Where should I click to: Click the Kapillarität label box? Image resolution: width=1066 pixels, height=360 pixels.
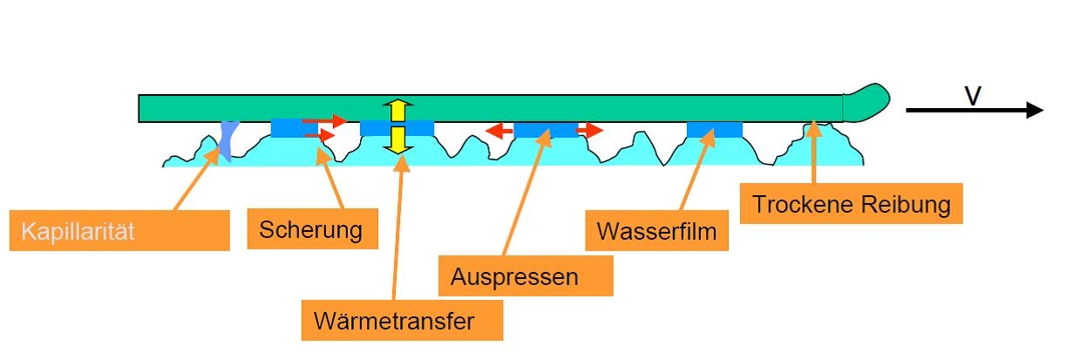point(119,231)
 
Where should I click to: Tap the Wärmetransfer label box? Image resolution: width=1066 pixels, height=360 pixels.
point(403,321)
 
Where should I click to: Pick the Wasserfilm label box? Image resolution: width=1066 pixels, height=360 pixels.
point(657,231)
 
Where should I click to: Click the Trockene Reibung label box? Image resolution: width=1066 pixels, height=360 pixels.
point(851,203)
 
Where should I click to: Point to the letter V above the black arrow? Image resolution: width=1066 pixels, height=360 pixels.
point(973,95)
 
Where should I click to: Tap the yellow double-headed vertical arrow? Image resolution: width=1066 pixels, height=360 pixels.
point(398,127)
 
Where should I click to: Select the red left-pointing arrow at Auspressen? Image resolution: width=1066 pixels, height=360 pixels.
point(499,131)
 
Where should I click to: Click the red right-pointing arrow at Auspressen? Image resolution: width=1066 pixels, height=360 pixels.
point(590,131)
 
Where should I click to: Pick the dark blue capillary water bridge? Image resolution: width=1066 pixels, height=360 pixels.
point(227,140)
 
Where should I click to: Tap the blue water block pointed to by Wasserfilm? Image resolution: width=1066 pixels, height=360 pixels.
point(714,130)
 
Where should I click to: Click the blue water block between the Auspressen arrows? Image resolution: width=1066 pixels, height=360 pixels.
point(545,130)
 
